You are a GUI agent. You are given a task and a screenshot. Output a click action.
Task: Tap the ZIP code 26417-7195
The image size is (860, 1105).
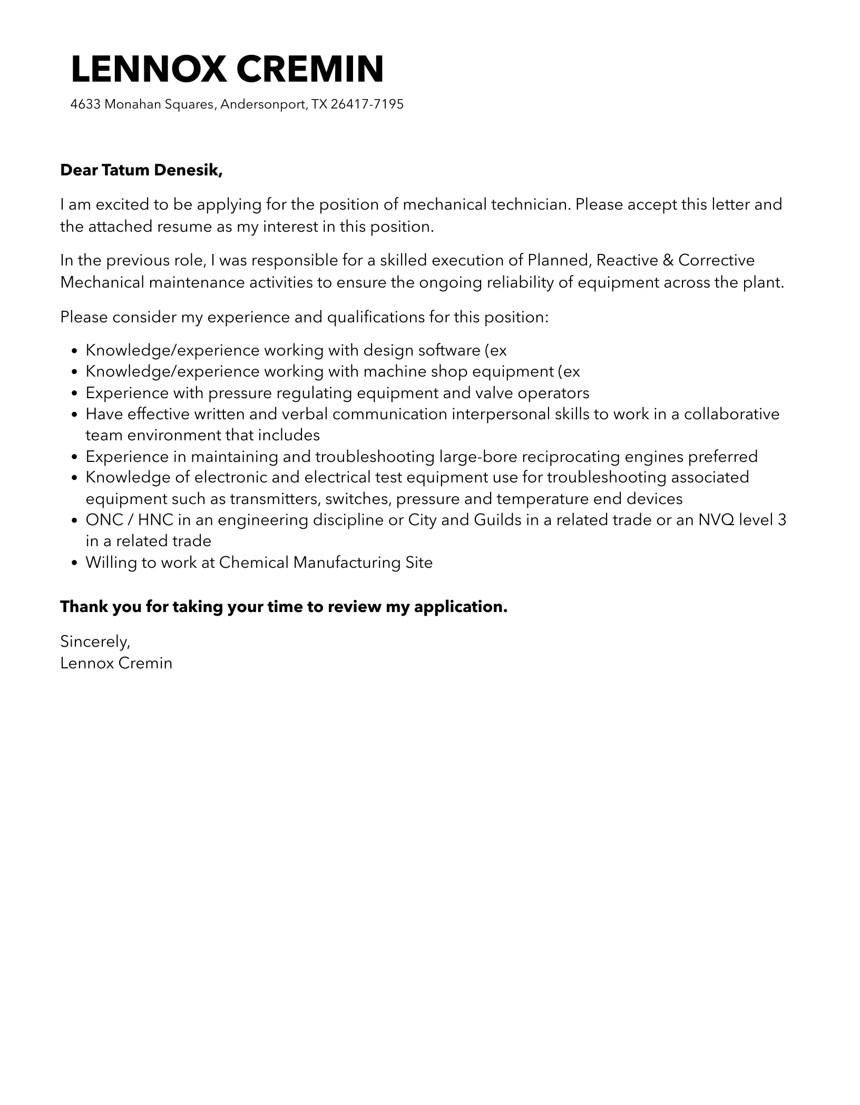(x=367, y=104)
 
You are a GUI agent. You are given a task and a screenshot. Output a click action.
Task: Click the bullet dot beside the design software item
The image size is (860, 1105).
(x=74, y=351)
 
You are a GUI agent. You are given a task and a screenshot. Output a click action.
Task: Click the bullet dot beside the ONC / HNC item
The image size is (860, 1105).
(x=74, y=520)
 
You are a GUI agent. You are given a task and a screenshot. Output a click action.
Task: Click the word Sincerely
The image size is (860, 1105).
(x=95, y=641)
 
